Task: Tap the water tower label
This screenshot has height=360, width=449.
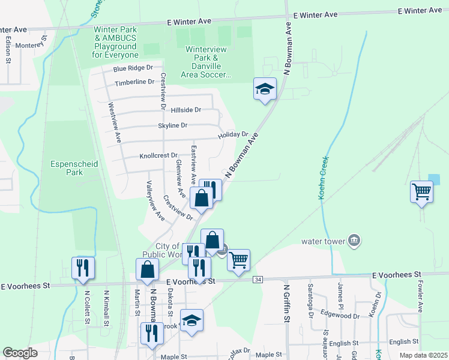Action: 324,242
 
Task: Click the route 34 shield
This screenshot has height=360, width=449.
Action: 258,280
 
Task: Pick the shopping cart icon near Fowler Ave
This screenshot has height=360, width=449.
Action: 422,193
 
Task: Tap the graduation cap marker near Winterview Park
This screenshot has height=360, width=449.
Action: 265,89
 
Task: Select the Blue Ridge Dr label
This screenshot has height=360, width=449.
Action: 133,68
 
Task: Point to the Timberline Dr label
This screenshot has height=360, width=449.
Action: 134,82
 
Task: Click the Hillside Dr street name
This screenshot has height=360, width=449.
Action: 185,110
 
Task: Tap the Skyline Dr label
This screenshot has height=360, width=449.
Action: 173,125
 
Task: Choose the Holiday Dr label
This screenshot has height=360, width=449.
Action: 233,134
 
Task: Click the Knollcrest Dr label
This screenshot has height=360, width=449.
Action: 158,155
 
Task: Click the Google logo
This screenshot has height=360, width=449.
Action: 20,352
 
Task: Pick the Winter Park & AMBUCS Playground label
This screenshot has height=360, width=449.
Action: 115,42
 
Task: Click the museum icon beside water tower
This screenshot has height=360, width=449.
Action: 354,241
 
